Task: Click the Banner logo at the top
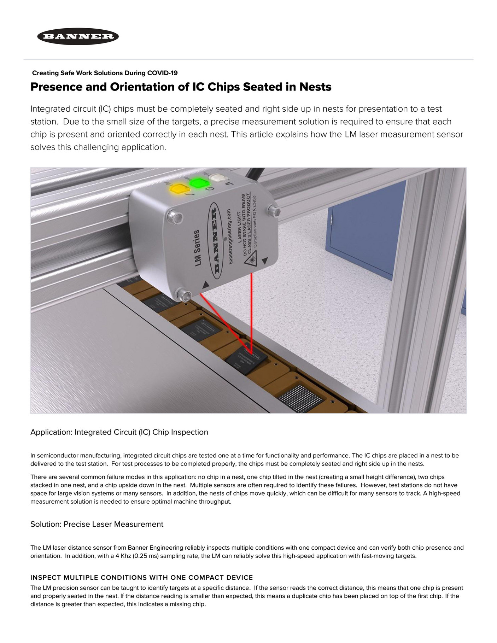click(78, 36)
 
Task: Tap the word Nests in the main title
click(315, 87)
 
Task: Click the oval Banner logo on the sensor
click(215, 238)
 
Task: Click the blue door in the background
click(366, 240)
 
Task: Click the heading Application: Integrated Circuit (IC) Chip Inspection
click(119, 432)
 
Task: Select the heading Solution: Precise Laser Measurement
click(97, 524)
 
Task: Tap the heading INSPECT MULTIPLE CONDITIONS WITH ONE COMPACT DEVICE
click(141, 578)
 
